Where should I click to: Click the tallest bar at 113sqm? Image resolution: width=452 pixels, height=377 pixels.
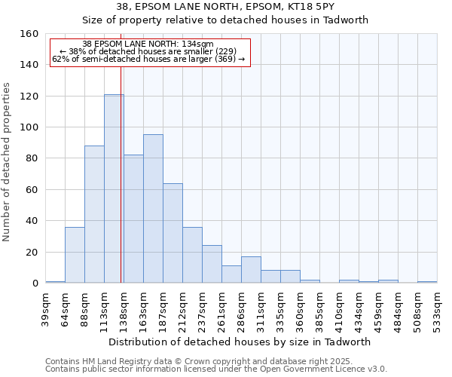[114, 188]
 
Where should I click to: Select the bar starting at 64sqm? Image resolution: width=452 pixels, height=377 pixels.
[75, 255]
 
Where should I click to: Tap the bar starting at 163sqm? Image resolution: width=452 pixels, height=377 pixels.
[153, 209]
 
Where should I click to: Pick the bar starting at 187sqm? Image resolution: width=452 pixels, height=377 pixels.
[173, 233]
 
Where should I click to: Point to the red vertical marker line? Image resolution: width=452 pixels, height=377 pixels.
[121, 173]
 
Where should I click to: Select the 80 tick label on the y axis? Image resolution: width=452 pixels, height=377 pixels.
[32, 158]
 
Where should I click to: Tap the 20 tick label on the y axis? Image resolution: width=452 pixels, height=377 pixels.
[32, 252]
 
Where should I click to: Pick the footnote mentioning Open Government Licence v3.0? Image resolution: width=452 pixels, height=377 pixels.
[216, 369]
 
